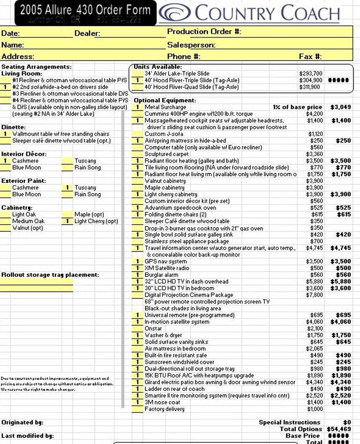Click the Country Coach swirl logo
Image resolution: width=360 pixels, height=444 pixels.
(x=175, y=13)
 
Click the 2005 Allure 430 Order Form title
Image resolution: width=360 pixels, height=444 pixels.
(x=85, y=10)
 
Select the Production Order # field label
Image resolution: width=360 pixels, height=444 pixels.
(x=204, y=32)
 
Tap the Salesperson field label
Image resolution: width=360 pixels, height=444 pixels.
(x=191, y=45)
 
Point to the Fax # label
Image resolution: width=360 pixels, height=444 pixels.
(x=310, y=57)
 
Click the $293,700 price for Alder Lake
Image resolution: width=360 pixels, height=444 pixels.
(x=310, y=74)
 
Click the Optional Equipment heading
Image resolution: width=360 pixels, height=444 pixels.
(x=165, y=100)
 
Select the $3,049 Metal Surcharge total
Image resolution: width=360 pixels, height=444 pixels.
(x=340, y=107)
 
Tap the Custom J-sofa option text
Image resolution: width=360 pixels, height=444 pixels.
(x=164, y=134)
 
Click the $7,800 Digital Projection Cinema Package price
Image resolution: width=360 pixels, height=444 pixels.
(x=314, y=295)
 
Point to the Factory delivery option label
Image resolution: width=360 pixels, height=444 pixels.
(x=164, y=409)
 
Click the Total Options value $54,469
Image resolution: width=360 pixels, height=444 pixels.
(x=339, y=429)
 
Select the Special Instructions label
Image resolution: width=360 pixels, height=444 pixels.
(x=289, y=423)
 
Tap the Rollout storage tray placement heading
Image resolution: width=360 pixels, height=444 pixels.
(x=50, y=275)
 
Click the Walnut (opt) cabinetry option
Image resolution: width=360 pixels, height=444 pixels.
(x=27, y=228)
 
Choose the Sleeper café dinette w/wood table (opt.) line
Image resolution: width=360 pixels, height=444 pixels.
(x=61, y=141)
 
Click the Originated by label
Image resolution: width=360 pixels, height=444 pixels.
(x=22, y=423)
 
